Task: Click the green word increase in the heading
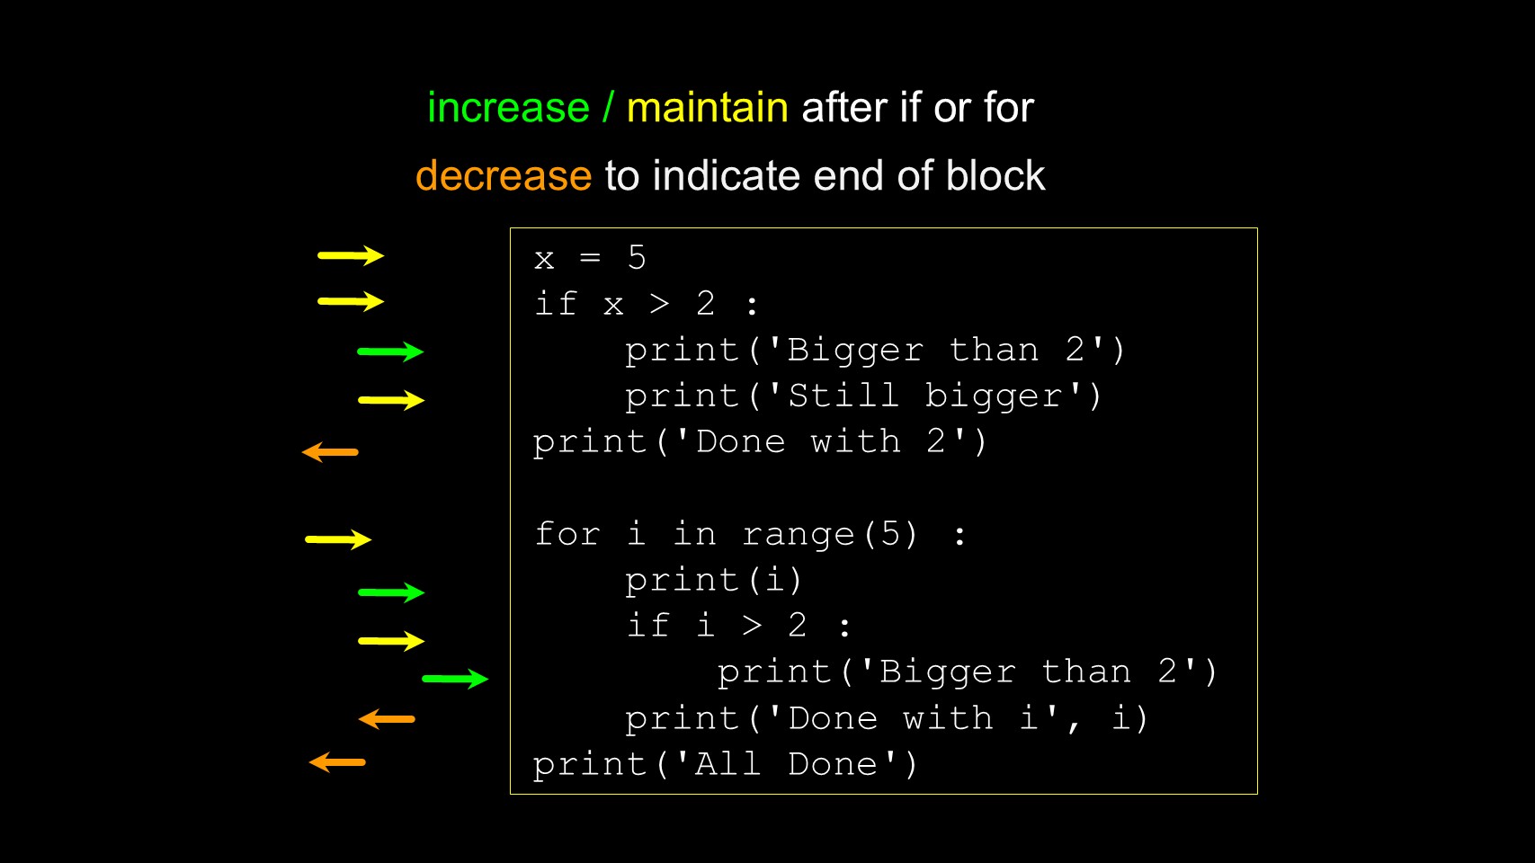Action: tap(508, 108)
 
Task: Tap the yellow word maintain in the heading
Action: tap(707, 108)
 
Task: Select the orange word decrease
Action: tap(504, 176)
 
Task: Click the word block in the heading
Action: tap(995, 175)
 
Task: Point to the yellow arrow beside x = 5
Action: tap(351, 255)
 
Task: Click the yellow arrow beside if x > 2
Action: tap(351, 301)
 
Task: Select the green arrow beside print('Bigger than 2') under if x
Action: tap(390, 352)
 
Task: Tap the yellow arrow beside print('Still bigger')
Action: tap(391, 400)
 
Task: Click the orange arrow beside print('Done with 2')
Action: tap(330, 452)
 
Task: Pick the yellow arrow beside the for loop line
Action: tap(338, 539)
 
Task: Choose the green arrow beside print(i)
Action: tap(391, 592)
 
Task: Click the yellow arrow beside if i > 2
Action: tap(391, 641)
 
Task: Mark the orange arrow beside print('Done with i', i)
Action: tap(387, 719)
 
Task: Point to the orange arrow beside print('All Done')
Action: tap(337, 762)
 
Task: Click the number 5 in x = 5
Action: tap(637, 257)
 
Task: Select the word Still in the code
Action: tap(843, 396)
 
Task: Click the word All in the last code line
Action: tap(727, 764)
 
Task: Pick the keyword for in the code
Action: tap(567, 534)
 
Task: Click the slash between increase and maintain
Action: tap(607, 108)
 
